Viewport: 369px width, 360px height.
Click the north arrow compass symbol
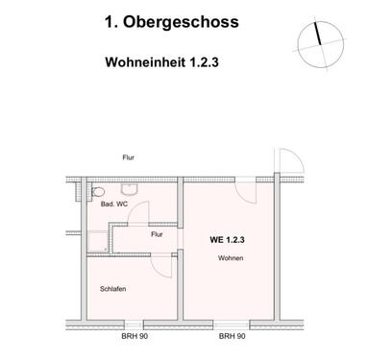click(316, 41)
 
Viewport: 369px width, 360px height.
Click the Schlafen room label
click(113, 289)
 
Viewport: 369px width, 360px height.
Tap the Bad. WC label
click(115, 204)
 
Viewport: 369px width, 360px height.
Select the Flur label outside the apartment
click(128, 156)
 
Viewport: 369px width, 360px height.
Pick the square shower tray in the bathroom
click(98, 241)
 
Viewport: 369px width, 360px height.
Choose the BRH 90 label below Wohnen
click(231, 337)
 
